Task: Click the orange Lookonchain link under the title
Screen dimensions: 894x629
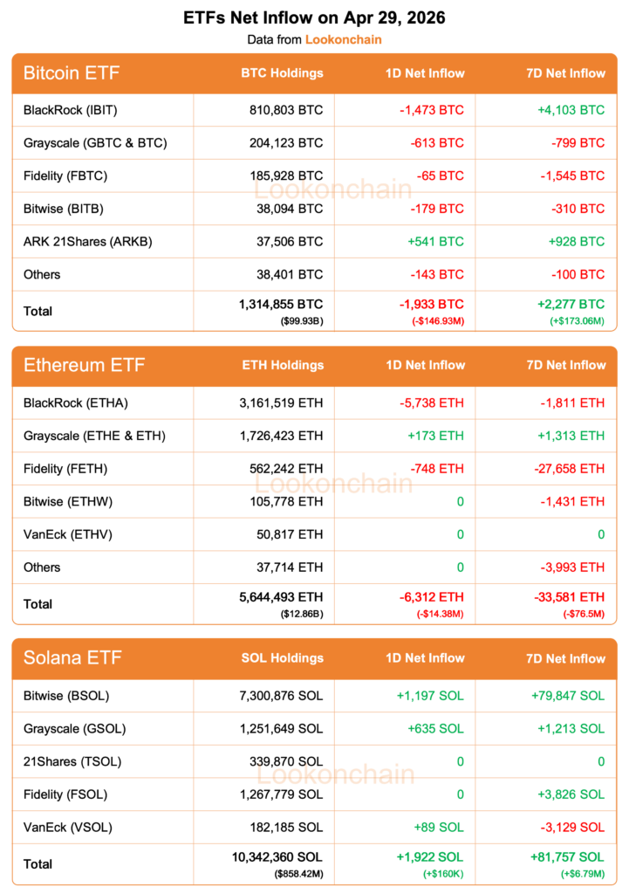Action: pos(343,39)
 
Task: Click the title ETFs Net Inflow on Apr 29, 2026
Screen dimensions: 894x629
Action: pos(314,17)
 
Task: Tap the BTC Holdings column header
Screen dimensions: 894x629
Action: pos(282,73)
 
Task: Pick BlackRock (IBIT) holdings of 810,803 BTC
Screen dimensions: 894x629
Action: pos(285,110)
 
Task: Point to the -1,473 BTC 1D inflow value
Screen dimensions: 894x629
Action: pos(432,110)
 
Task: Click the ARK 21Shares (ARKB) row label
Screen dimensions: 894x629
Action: pos(88,242)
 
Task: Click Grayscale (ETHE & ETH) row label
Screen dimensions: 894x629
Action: pos(94,436)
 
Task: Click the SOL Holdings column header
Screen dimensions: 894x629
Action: pos(282,658)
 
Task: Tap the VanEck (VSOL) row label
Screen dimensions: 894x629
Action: pos(68,827)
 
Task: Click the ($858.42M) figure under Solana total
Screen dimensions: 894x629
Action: pos(297,873)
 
